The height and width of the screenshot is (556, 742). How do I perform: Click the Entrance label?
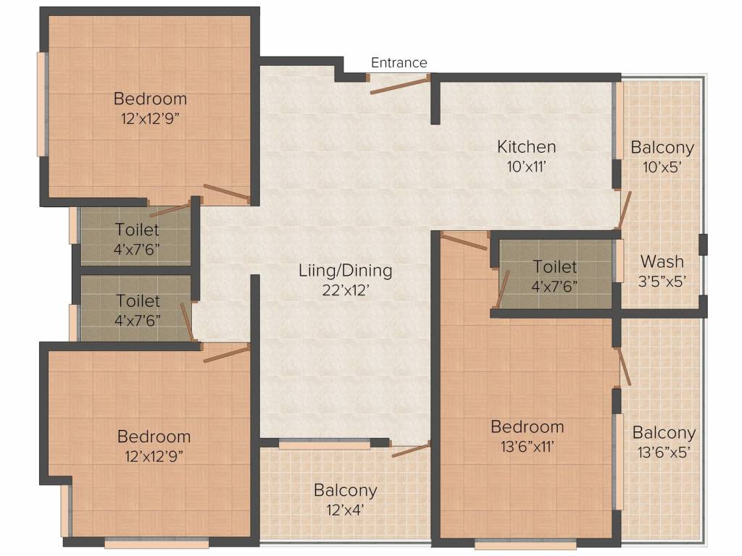(x=399, y=63)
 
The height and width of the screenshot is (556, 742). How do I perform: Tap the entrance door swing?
(x=399, y=84)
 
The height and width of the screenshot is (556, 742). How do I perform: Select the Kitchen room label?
(x=526, y=147)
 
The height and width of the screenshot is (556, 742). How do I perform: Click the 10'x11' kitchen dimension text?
(x=526, y=166)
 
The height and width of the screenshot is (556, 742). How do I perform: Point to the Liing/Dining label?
(x=346, y=271)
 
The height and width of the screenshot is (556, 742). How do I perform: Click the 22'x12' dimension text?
(x=346, y=290)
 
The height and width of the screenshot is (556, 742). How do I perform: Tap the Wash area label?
(x=662, y=261)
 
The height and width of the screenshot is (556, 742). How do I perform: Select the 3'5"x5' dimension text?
(x=662, y=281)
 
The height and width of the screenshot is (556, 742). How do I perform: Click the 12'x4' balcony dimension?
(x=345, y=509)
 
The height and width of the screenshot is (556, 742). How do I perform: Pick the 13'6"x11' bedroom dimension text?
(x=527, y=446)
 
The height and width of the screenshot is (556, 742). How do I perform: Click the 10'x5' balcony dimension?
(x=662, y=166)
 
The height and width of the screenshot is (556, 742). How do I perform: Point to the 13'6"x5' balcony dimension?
(x=664, y=452)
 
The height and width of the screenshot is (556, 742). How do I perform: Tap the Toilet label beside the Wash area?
(x=555, y=267)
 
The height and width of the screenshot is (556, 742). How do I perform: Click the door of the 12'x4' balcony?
(x=411, y=450)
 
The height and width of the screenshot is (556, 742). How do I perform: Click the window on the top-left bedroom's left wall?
(x=42, y=104)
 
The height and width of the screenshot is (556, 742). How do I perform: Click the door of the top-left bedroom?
(x=227, y=193)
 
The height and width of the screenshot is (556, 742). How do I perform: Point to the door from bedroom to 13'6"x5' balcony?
(x=624, y=368)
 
